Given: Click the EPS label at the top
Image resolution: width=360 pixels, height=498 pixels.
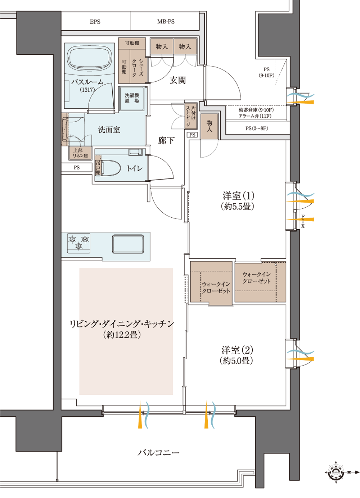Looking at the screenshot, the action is click(x=95, y=22).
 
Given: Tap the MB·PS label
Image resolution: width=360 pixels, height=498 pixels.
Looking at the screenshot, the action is click(x=166, y=22).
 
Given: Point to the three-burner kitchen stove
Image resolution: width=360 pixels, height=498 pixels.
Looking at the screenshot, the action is click(x=79, y=243).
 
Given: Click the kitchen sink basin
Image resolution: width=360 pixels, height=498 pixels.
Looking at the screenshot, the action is click(x=128, y=244).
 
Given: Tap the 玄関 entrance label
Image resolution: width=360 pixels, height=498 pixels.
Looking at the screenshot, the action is click(x=177, y=80).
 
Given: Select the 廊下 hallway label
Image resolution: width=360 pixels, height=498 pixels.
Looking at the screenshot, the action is click(x=166, y=140).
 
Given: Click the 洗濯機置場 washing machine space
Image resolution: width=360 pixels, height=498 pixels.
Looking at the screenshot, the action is click(x=132, y=98).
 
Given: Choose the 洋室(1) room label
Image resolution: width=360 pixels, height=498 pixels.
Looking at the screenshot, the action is click(x=238, y=195).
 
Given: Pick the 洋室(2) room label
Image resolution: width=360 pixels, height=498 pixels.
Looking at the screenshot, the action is click(x=237, y=350).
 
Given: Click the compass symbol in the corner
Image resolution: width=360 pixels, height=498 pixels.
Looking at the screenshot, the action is click(x=336, y=472).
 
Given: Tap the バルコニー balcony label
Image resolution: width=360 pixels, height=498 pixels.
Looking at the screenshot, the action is click(x=158, y=453).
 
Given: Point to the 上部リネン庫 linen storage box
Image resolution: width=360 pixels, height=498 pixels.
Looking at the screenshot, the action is click(x=80, y=153).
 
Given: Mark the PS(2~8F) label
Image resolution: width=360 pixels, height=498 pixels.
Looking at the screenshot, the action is click(x=257, y=128).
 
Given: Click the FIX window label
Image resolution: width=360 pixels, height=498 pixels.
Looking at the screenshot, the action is click(x=303, y=221).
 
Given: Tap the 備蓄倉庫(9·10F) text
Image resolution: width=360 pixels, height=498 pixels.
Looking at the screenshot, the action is click(x=256, y=110).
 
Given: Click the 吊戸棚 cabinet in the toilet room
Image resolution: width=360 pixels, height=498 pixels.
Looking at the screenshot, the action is click(x=98, y=167).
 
